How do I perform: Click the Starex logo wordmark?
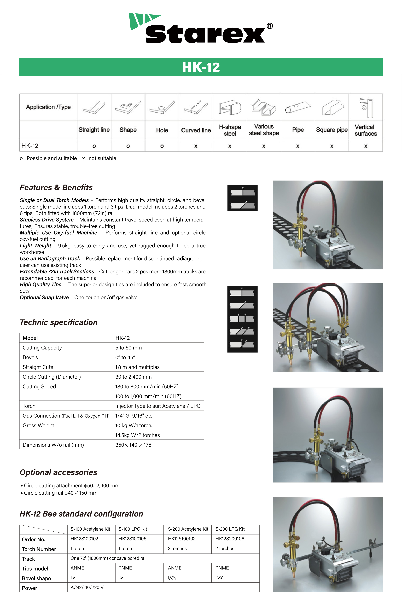click(x=205, y=33)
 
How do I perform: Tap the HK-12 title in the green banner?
click(x=201, y=67)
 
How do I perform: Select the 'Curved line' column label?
click(x=196, y=130)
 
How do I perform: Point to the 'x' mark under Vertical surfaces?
click(x=366, y=146)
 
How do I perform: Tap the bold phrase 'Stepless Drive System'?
click(x=47, y=220)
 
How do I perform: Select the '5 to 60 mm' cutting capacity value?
click(x=128, y=348)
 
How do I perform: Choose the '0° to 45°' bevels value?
click(x=125, y=357)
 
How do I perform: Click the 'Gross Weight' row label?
click(x=38, y=425)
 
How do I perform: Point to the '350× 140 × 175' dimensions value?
click(x=133, y=445)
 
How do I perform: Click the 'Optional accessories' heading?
click(x=58, y=472)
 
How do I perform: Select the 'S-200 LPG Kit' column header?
click(x=230, y=529)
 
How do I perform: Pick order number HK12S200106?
click(x=230, y=539)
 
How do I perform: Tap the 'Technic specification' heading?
click(x=59, y=322)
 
